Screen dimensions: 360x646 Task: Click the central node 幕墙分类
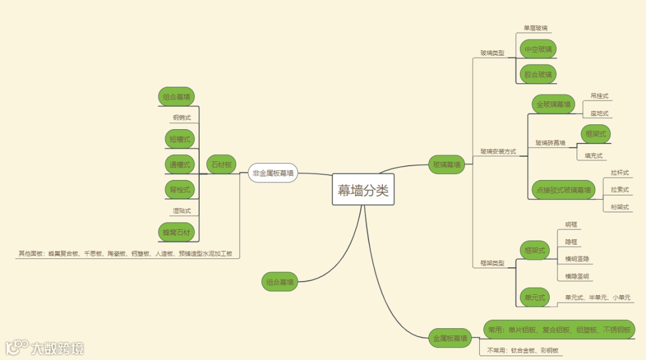(x=363, y=191)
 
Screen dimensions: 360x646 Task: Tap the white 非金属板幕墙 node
(x=273, y=173)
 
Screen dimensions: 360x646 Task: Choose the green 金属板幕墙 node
(x=450, y=338)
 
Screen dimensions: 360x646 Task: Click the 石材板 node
(x=221, y=164)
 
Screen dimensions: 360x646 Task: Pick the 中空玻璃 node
(x=538, y=49)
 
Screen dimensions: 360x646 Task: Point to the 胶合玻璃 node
(x=538, y=74)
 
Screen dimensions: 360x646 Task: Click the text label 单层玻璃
(x=535, y=28)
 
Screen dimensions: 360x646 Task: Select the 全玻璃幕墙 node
(x=553, y=104)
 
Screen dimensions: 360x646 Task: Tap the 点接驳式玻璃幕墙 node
(x=562, y=190)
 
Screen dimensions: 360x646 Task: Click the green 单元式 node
(x=535, y=297)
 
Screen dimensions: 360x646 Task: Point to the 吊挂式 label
(x=600, y=96)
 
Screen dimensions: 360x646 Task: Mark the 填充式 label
(x=593, y=155)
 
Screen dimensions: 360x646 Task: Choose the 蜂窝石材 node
(x=178, y=231)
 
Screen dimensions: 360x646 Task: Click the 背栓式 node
(x=179, y=190)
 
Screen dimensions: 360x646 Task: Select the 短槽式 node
(x=179, y=139)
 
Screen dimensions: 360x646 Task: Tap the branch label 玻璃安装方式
(x=498, y=152)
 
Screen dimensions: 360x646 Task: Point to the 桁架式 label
(x=620, y=207)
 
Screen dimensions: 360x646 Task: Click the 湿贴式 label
(x=182, y=210)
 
